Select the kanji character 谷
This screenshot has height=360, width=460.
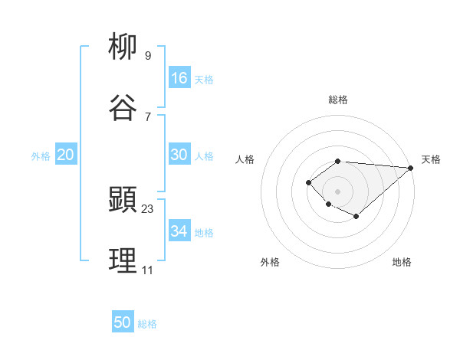(x=123, y=107)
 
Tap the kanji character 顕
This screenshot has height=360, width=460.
(x=123, y=200)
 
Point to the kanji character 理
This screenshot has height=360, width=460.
(x=123, y=261)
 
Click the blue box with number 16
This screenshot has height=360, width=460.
(x=179, y=78)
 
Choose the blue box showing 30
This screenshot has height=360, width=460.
(x=179, y=155)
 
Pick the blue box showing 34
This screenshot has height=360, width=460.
(x=179, y=231)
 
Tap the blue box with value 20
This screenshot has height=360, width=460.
(x=65, y=155)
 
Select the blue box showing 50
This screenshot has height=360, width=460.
(x=123, y=322)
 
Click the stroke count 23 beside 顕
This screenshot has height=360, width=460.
(x=148, y=208)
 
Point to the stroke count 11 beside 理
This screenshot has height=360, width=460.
(x=147, y=270)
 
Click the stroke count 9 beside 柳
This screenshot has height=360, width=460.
(x=148, y=55)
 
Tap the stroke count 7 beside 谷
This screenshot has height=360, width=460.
(x=148, y=116)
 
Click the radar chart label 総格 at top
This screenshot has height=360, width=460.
(x=338, y=100)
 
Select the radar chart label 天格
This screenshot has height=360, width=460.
(x=431, y=159)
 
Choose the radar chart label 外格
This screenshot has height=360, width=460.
(x=270, y=262)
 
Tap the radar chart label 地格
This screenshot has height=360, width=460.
(x=402, y=262)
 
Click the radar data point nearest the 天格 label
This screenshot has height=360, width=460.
(x=411, y=168)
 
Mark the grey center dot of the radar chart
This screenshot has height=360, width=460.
(x=338, y=191)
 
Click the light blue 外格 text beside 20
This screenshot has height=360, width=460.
(x=41, y=156)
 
